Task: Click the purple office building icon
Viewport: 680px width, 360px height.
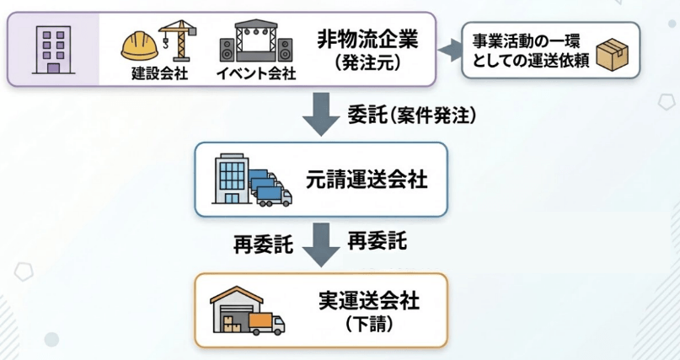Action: click(53, 48)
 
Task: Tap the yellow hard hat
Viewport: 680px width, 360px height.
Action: click(138, 44)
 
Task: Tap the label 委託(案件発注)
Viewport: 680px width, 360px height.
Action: click(410, 116)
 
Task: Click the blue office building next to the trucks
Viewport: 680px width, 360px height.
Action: click(233, 178)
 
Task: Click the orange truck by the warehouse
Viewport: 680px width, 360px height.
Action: click(266, 322)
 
